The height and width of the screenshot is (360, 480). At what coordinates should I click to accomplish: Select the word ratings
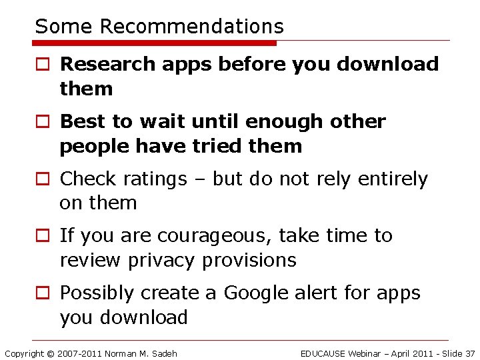coord(155,179)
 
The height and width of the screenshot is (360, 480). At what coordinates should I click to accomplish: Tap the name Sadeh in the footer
coord(163,353)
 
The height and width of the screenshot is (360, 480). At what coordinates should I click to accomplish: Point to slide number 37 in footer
coord(469,353)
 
